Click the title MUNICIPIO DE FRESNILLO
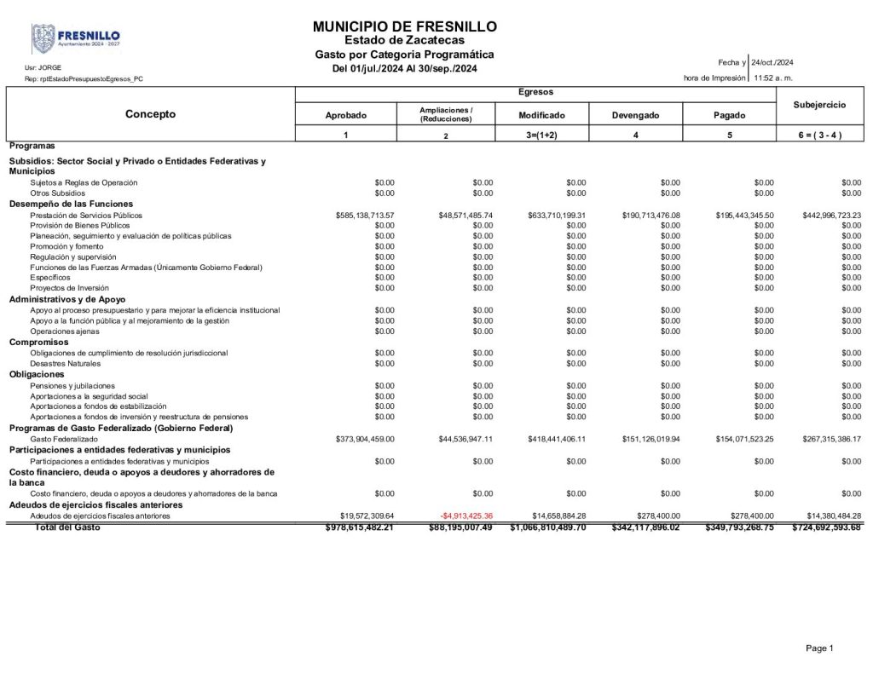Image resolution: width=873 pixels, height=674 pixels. click(405, 27)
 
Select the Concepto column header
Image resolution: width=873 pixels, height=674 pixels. click(150, 114)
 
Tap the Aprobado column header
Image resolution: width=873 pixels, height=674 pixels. click(345, 115)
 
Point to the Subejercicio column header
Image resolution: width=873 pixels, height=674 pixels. click(818, 105)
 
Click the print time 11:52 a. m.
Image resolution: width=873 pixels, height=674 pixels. click(773, 78)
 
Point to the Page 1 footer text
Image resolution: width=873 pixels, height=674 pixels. click(819, 648)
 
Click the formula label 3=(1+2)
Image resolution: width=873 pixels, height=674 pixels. click(541, 135)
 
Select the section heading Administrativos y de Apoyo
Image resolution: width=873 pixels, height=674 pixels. click(67, 299)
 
